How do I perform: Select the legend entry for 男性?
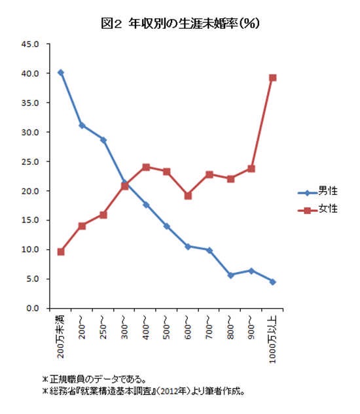click(317, 191)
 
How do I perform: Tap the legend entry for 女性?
click(317, 209)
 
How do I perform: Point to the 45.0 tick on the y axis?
click(30, 44)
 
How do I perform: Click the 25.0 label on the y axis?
click(30, 162)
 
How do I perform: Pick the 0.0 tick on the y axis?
click(32, 308)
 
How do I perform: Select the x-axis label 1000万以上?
click(272, 339)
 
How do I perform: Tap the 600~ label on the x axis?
click(188, 328)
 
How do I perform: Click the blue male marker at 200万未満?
click(61, 73)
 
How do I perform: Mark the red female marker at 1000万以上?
click(273, 78)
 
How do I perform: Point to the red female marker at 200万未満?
click(61, 252)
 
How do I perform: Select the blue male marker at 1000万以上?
click(273, 282)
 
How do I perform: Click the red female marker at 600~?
click(188, 196)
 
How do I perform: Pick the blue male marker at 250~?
click(103, 140)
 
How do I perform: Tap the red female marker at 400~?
click(146, 167)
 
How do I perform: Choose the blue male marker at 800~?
click(230, 275)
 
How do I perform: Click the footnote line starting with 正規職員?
click(94, 379)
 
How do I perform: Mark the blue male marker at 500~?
click(167, 226)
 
